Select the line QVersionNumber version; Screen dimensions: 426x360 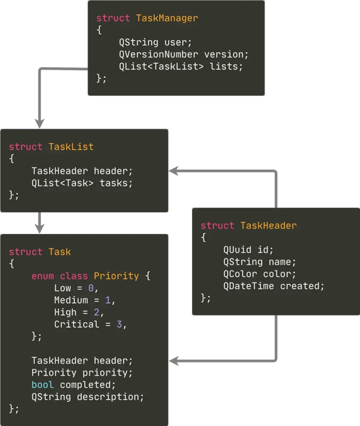click(x=184, y=54)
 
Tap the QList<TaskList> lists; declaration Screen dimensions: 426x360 click(x=181, y=66)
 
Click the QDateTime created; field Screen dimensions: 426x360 click(x=274, y=286)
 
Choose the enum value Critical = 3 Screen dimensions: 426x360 click(x=91, y=324)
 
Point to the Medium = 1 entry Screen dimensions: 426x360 click(x=84, y=300)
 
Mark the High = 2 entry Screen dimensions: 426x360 click(x=79, y=312)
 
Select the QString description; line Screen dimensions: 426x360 click(x=88, y=397)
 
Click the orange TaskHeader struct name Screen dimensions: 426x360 click(x=268, y=226)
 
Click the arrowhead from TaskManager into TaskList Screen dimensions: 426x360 click(x=40, y=122)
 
